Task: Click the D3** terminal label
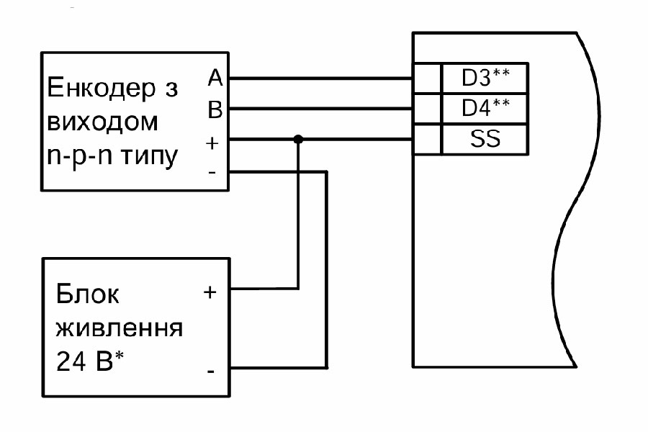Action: (485, 77)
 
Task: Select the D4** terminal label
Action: (485, 108)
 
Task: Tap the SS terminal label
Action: (485, 139)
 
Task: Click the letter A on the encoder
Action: (215, 77)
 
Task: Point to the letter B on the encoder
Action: (215, 109)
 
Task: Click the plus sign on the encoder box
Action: (212, 142)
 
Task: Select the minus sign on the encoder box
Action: (212, 173)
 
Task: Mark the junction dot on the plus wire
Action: (297, 140)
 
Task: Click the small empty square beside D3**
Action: (427, 77)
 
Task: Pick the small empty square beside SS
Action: (427, 139)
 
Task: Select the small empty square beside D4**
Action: (427, 108)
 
